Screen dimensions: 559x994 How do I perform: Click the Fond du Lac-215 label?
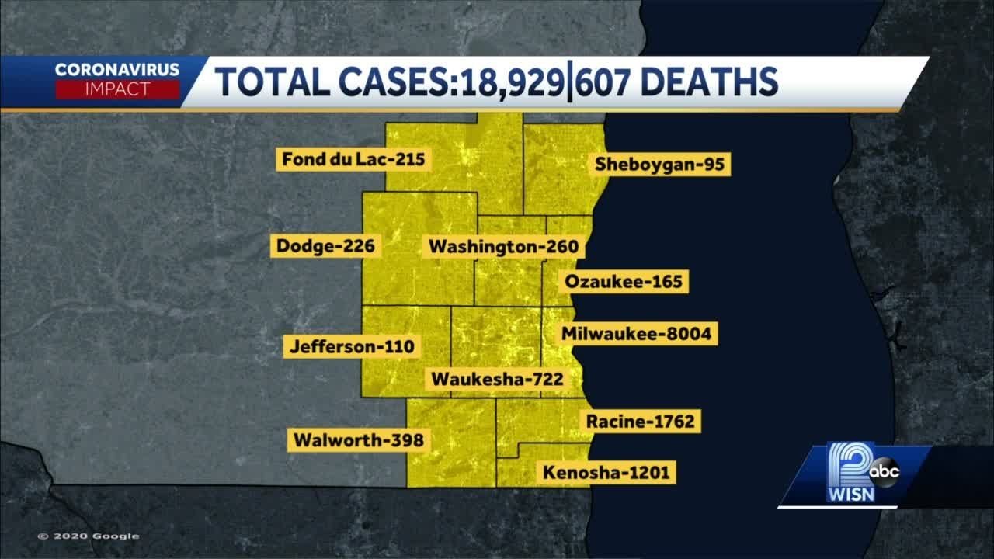point(353,160)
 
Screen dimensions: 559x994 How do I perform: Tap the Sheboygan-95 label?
point(661,165)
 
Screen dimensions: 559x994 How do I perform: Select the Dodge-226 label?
point(325,247)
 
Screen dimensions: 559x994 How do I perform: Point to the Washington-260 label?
point(504,247)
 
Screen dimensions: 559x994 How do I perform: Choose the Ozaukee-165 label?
point(624,281)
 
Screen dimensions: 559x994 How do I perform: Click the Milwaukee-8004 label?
point(636,334)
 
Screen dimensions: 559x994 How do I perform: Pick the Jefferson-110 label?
point(352,346)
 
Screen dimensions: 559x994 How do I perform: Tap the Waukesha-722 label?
point(497,380)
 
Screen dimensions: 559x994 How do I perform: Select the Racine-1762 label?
point(640,422)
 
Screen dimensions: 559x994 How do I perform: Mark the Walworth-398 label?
point(358,440)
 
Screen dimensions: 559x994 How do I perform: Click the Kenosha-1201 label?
point(606,472)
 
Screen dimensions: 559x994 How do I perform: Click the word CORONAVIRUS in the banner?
point(117,70)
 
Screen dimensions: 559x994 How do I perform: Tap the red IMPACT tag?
point(117,89)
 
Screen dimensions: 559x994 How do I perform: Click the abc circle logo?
point(883,470)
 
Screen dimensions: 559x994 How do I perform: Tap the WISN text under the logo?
point(850,495)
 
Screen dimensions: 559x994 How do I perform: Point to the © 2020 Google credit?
point(88,536)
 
